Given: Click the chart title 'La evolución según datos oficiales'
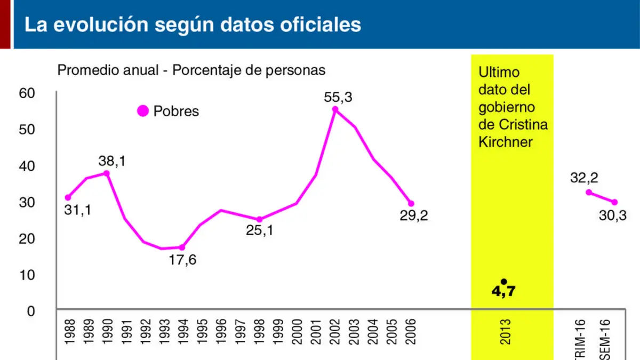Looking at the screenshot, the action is pos(193,25).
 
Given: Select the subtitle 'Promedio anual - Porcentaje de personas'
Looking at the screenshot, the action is pos(191,70).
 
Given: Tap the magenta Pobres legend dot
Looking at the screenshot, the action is pos(143,111).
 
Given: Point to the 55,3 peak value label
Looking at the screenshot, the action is pos(338,98).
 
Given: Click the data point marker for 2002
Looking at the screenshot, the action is pos(335,109).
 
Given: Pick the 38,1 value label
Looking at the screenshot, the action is pos(112,161).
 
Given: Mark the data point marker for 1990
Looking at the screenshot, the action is pos(106,173).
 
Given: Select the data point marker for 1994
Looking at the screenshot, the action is pos(182,247).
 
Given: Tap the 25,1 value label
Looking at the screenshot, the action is pos(260,230).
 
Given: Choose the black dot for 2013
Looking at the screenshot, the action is pos(504,282).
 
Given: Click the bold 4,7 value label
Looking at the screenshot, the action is pos(503,291).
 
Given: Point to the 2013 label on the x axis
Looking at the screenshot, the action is pos(505,332).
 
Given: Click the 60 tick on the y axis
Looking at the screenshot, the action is pos(27,93).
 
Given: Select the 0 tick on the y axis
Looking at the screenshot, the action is pos(31,311).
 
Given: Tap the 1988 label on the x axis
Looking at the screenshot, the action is pos(70,332).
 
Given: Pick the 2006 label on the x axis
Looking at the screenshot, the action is pos(410,332).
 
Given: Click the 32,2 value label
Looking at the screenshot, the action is pos(584,178).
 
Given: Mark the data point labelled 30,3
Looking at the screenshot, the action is pos(614,202).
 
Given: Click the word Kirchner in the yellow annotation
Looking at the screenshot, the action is pos(506,142).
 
